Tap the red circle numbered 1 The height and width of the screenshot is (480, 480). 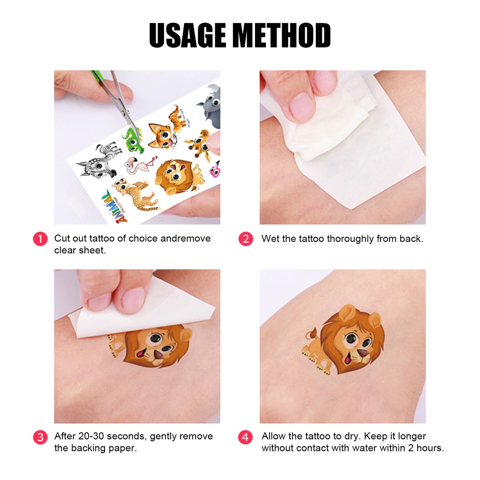tap(40, 239)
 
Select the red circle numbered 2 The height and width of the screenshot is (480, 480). tap(246, 239)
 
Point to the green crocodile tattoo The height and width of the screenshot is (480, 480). tap(133, 140)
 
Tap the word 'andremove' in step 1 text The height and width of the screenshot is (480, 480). tap(186, 239)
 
